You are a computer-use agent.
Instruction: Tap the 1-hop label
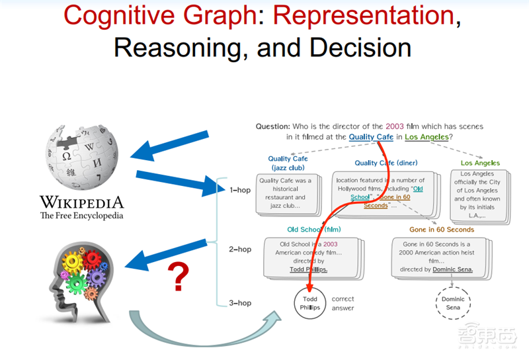tap(240, 189)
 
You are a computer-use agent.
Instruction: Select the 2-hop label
tap(240, 249)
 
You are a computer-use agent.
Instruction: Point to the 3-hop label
tap(240, 303)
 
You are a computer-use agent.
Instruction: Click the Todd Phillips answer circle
tap(309, 304)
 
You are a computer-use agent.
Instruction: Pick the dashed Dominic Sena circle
tap(453, 304)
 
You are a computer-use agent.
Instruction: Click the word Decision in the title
tap(356, 48)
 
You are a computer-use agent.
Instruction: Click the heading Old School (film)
tap(313, 230)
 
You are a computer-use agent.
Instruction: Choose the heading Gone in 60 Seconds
tap(441, 230)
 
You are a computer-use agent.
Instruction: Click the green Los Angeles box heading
tap(481, 163)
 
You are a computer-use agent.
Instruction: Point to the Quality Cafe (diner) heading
tap(386, 163)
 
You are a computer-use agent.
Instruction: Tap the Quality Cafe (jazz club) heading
tap(288, 163)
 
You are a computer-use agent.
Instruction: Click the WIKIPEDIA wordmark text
tap(81, 202)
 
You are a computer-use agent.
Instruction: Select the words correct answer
tap(343, 303)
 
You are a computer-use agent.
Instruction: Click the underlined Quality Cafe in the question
tap(371, 137)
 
